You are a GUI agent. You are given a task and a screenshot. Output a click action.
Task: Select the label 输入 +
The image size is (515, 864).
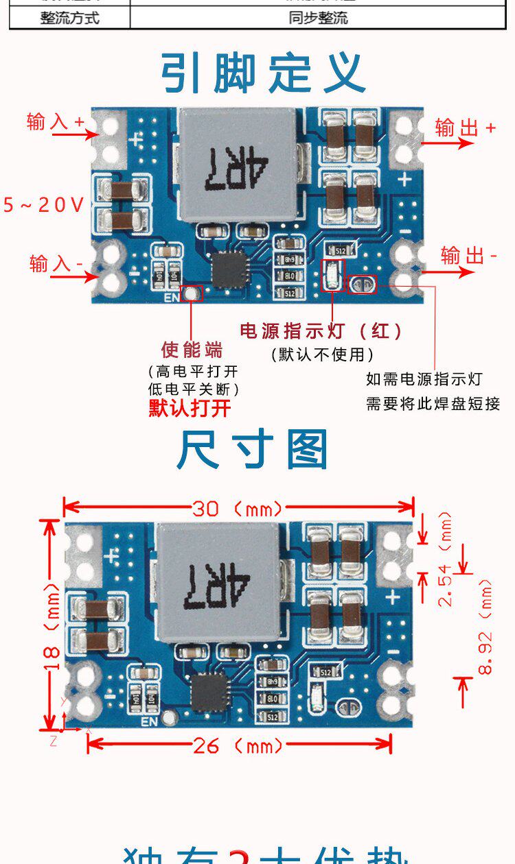(x=55, y=121)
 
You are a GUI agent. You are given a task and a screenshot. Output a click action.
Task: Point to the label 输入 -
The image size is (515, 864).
(x=56, y=263)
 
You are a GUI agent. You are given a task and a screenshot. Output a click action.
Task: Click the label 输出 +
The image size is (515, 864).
(x=465, y=128)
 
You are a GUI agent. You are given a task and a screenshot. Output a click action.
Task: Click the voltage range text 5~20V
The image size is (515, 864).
(x=43, y=204)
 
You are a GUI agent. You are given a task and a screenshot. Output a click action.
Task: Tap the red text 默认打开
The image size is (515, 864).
(x=190, y=409)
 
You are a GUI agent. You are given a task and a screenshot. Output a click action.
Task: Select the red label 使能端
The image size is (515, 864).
(x=192, y=350)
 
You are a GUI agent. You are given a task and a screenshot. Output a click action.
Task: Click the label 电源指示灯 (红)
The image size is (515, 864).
(x=321, y=331)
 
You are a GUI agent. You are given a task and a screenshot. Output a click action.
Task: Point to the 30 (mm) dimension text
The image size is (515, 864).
(x=237, y=508)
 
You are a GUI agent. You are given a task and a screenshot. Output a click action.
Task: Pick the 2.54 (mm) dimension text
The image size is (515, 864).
(x=446, y=559)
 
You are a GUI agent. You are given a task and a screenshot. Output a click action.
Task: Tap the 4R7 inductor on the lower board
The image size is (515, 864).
(x=218, y=584)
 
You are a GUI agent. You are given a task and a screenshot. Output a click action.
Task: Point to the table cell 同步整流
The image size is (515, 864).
(x=318, y=18)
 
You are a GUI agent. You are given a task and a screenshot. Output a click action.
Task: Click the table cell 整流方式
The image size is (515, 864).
(x=69, y=18)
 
